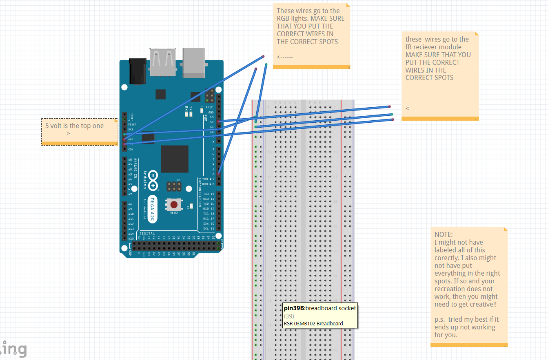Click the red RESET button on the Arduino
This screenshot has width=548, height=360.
click(174, 204)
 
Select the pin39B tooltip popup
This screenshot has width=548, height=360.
click(320, 316)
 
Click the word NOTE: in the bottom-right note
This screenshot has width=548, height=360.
click(443, 234)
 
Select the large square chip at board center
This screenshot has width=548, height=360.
click(175, 159)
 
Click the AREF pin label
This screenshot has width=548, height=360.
click(210, 107)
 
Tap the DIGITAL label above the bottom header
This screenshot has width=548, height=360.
click(146, 234)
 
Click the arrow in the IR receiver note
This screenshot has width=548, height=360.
click(410, 109)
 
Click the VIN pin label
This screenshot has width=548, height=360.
click(131, 149)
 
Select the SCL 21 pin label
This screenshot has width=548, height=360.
click(209, 228)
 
